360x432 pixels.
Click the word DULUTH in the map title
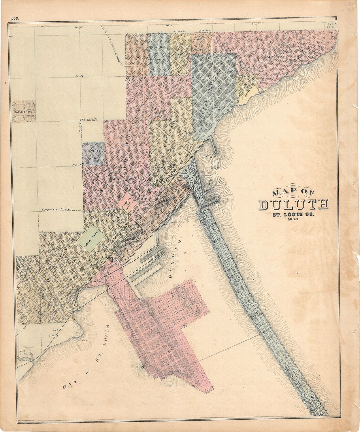(x=293, y=204)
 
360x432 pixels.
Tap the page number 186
(x=14, y=19)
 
